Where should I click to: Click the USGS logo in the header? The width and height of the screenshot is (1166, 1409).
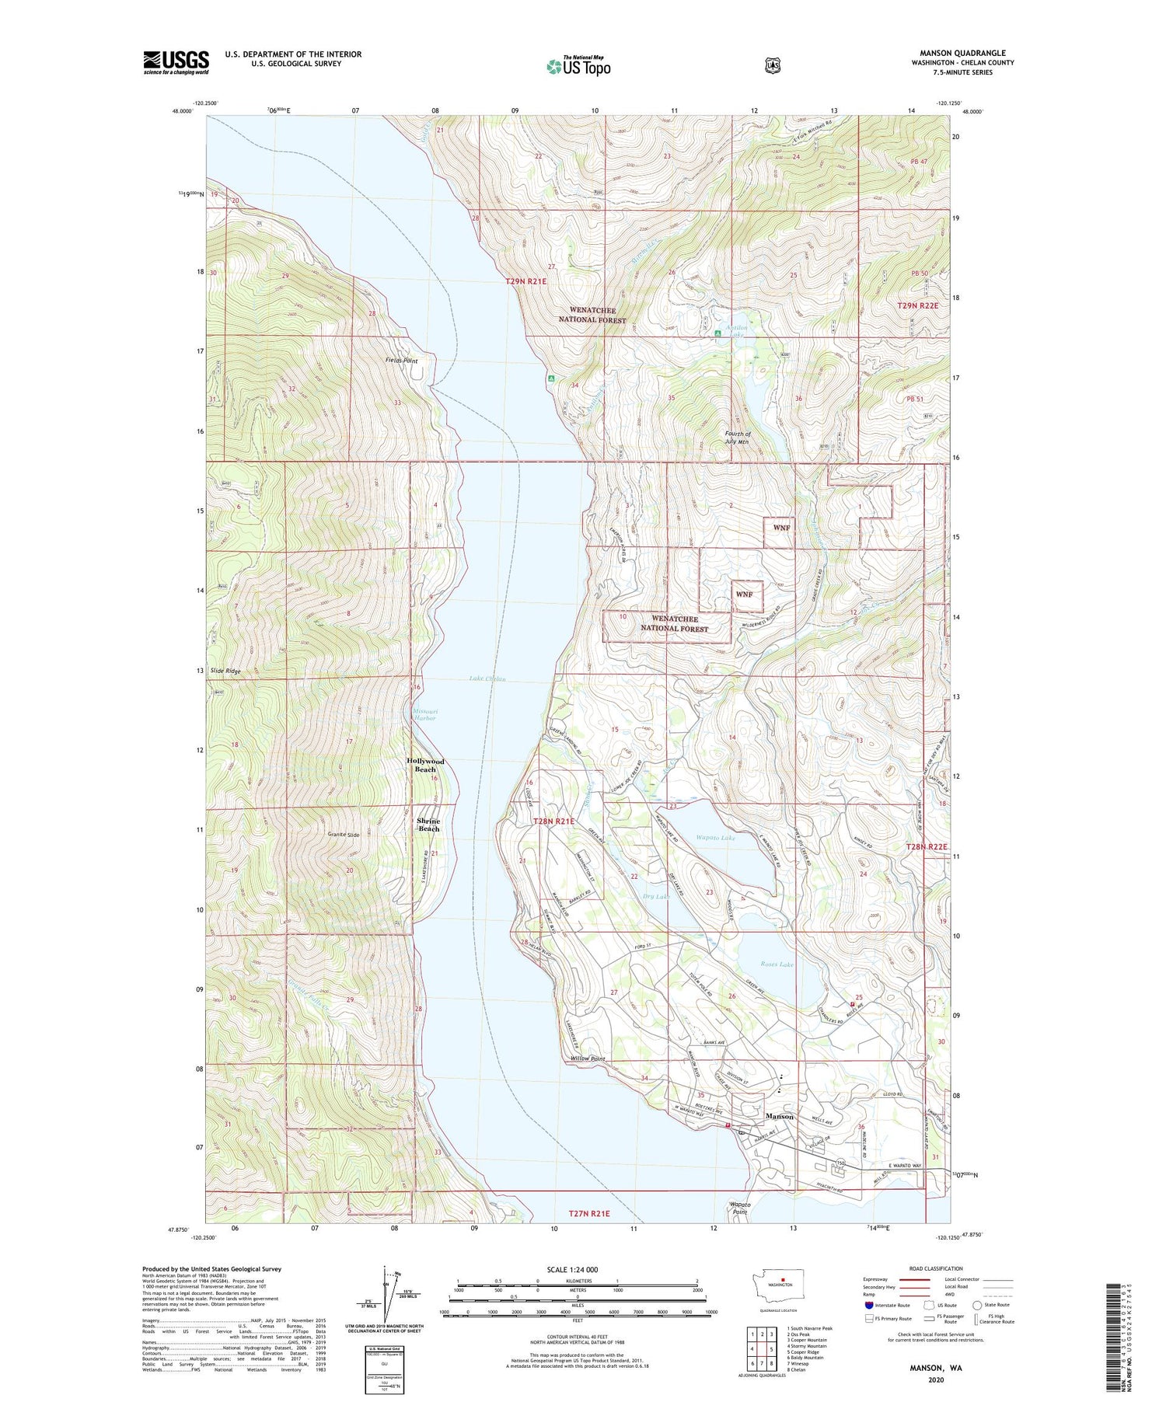176,62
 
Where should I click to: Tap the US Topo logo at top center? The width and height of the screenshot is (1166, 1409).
578,66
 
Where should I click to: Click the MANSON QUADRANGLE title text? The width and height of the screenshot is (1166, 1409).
962,53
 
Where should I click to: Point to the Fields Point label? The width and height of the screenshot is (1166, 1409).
401,361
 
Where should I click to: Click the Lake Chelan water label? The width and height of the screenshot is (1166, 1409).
487,679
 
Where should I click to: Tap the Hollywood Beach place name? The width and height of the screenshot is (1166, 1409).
425,765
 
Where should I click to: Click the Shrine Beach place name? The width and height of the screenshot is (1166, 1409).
428,825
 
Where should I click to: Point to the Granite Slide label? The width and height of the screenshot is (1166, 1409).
343,835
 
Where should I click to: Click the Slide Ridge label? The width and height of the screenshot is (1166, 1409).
225,671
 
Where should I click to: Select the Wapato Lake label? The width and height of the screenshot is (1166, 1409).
715,838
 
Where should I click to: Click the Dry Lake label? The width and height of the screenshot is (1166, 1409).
656,897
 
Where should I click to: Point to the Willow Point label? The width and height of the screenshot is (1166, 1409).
588,1058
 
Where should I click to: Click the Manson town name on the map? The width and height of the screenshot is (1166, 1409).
780,1116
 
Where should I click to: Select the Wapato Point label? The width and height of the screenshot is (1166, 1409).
739,1208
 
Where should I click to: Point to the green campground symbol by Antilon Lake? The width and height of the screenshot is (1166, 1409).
717,334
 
